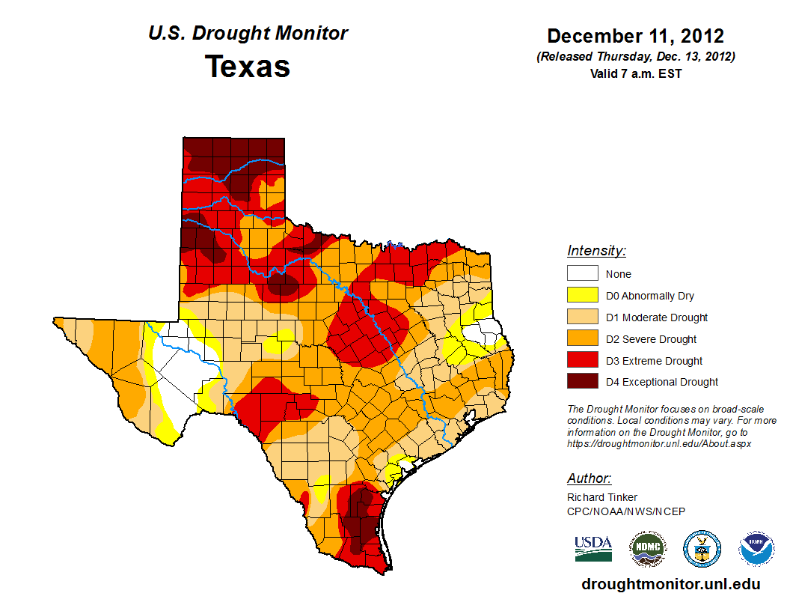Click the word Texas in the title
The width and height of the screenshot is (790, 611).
click(248, 67)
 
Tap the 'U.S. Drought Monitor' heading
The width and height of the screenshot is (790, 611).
click(248, 34)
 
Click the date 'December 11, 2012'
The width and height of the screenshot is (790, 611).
click(635, 36)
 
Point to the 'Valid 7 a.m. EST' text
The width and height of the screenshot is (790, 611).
click(635, 73)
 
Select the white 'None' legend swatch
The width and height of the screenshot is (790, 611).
click(582, 274)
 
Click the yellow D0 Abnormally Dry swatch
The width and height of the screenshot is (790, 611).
click(582, 296)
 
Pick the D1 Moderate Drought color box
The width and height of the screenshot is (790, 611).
click(582, 317)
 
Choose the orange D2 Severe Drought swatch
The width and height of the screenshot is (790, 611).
click(582, 339)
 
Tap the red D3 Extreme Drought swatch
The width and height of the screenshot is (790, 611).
click(582, 361)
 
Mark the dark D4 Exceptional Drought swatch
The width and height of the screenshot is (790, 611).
click(582, 382)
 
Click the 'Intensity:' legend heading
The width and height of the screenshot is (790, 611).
click(596, 251)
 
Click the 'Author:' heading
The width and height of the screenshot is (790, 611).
click(589, 478)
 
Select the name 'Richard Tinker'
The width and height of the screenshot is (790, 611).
click(602, 497)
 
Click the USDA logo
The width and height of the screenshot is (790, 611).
click(593, 548)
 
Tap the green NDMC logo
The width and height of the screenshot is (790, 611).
click(648, 549)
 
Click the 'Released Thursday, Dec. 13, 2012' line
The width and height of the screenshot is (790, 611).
click(635, 57)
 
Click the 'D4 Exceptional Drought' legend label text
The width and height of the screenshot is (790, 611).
click(662, 382)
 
